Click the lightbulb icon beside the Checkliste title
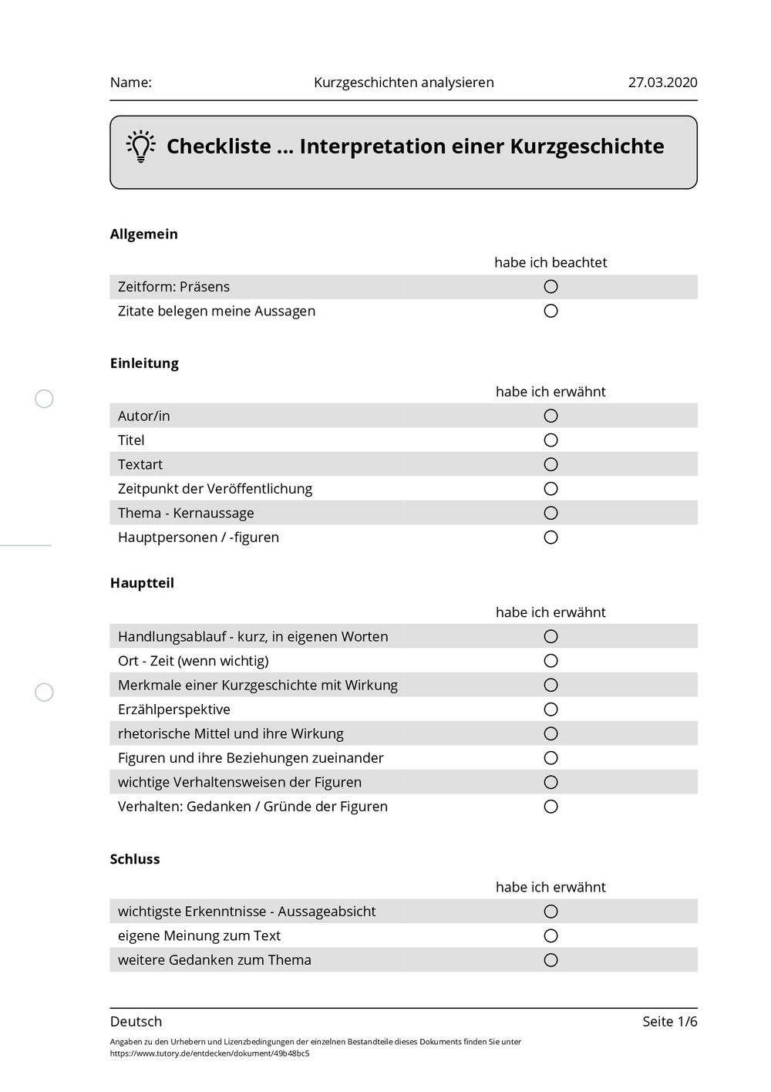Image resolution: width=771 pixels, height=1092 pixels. click(x=140, y=147)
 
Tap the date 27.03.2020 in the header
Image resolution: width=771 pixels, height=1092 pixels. click(x=662, y=83)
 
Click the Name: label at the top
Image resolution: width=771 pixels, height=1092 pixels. click(x=131, y=83)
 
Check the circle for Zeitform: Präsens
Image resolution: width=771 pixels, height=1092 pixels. click(x=550, y=287)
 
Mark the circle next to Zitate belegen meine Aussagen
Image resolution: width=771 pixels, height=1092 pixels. click(x=550, y=312)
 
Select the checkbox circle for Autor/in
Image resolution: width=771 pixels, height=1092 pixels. click(x=550, y=416)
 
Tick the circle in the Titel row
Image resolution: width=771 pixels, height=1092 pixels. click(x=550, y=440)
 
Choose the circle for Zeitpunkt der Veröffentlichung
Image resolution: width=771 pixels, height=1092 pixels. click(x=550, y=489)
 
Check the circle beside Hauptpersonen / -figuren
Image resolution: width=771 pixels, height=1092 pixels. click(x=550, y=538)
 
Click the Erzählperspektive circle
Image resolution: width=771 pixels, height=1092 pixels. click(x=550, y=709)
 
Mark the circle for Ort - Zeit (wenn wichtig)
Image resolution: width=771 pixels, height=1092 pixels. click(x=550, y=661)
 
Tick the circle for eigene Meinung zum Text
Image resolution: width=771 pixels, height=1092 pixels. click(x=550, y=936)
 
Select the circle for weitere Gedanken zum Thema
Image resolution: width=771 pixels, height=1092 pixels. click(x=550, y=960)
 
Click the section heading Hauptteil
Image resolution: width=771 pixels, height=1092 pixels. click(x=142, y=583)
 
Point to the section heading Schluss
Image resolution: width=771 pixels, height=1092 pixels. click(x=135, y=859)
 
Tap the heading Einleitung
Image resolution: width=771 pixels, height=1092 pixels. click(x=144, y=363)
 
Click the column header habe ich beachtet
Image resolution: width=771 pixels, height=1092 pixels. click(x=550, y=263)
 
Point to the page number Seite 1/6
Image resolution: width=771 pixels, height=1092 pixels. click(x=669, y=1022)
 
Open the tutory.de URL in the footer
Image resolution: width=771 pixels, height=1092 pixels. click(x=210, y=1053)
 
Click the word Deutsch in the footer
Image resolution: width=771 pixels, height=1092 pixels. click(x=136, y=1022)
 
